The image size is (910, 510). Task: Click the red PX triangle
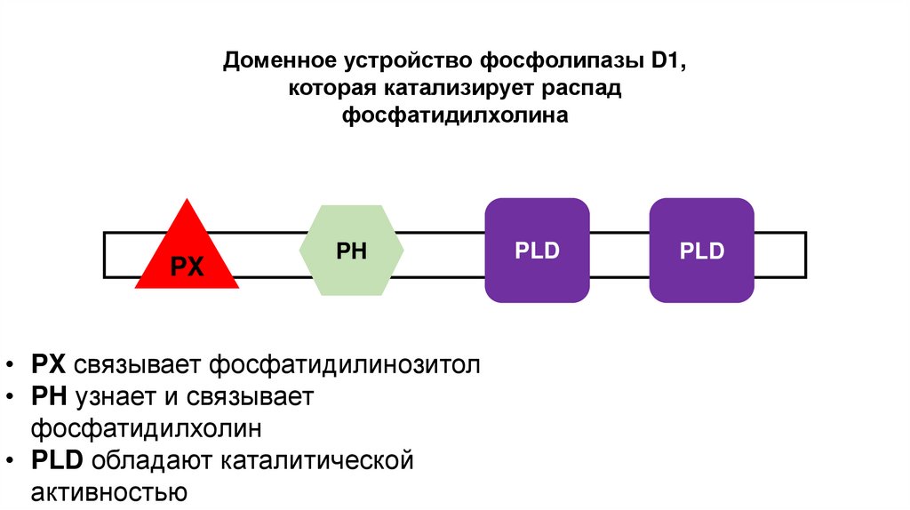click(x=187, y=257)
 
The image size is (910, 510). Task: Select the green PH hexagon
click(x=352, y=251)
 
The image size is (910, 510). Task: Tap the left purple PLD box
click(x=537, y=251)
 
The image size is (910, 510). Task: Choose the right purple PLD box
click(x=702, y=251)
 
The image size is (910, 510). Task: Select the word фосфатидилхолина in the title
click(x=455, y=116)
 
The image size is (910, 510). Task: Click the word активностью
click(x=108, y=492)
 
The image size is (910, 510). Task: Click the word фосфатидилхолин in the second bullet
click(x=146, y=428)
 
